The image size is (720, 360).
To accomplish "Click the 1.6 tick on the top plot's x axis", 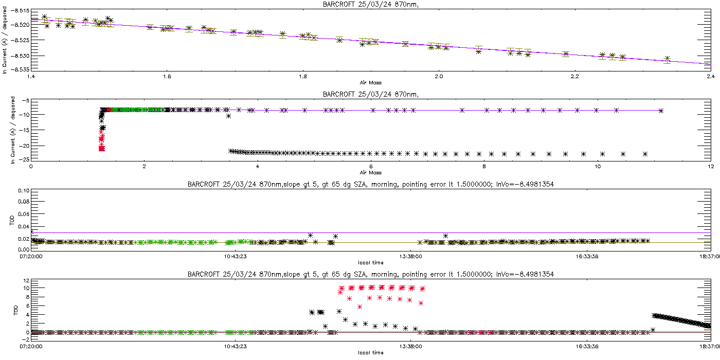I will (167, 76).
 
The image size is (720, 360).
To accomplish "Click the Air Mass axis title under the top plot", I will (370, 82).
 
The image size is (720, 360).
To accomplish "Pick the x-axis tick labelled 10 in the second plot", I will (597, 167).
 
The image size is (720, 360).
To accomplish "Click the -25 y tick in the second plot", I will (23, 159).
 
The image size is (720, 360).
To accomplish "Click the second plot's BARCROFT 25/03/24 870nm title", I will (370, 94).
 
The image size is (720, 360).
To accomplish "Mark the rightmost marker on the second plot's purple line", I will (661, 111).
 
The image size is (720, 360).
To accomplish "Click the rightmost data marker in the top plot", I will (667, 59).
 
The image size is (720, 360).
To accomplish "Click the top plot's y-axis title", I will (5, 40).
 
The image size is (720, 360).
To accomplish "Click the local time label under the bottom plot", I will (370, 352).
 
